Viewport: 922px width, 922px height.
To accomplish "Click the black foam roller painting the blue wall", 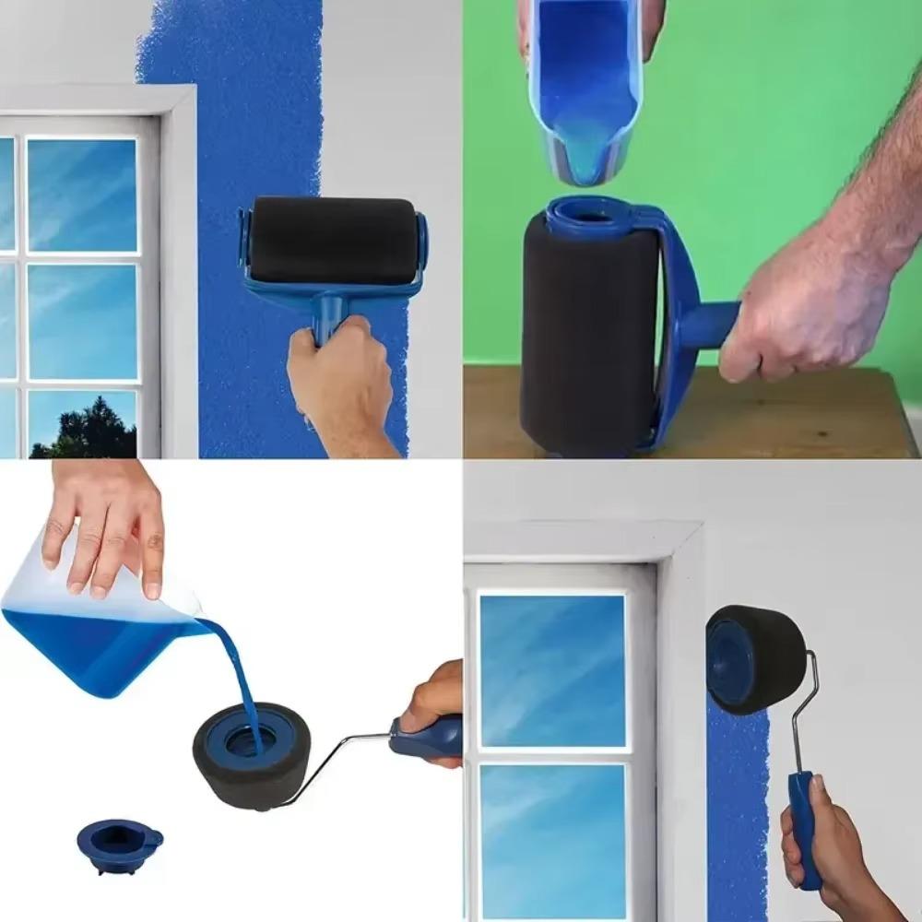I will pos(333,242).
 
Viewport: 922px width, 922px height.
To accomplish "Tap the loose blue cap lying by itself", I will pos(119,844).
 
